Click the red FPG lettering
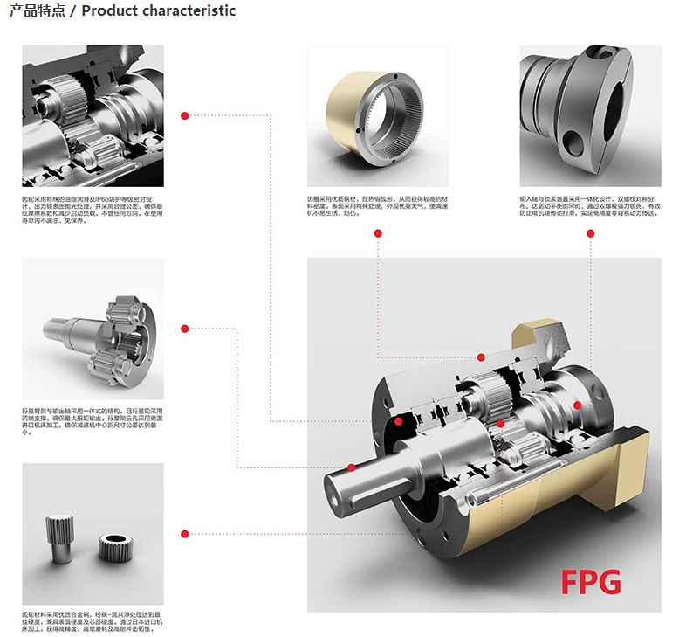tap(591, 580)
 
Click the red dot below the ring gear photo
tap(378, 233)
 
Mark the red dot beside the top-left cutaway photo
tap(184, 115)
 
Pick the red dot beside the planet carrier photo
tap(184, 329)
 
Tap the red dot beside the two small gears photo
tap(184, 533)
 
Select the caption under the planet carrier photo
tap(92, 420)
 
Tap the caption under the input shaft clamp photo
tap(589, 205)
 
